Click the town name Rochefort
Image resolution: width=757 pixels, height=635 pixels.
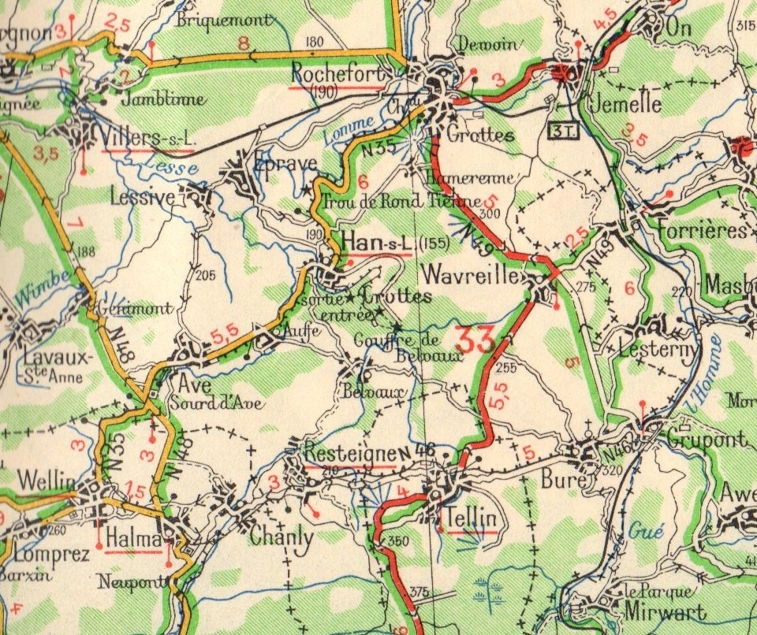point(338,72)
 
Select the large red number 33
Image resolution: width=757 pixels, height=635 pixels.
point(475,340)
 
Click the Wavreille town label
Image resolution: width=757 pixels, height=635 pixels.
point(471,276)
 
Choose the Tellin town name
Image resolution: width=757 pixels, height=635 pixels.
point(470,518)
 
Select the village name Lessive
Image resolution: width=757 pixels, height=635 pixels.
point(143,197)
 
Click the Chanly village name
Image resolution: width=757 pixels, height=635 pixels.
point(282,537)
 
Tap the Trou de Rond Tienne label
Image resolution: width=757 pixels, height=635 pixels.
point(402,201)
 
